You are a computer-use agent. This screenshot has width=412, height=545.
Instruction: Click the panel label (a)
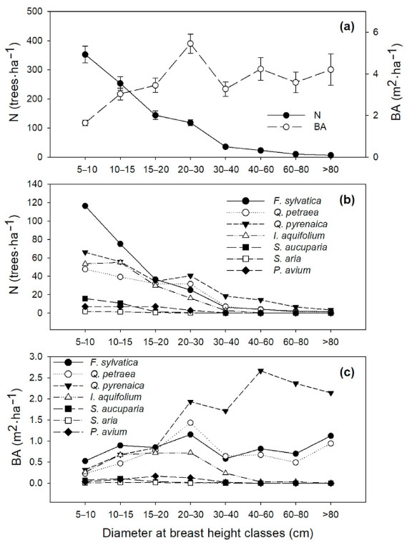[x=347, y=26]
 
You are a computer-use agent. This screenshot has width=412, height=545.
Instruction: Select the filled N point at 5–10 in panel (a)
[x=85, y=54]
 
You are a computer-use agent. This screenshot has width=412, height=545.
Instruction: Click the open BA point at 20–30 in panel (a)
[x=190, y=44]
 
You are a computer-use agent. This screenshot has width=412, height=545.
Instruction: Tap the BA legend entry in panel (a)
[x=296, y=127]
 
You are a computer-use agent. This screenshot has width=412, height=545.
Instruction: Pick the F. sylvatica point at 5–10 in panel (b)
[x=85, y=206]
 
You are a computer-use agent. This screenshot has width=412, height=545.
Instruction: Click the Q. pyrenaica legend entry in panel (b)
[x=277, y=224]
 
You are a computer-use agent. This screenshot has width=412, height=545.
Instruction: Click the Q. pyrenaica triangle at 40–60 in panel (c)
[x=260, y=371]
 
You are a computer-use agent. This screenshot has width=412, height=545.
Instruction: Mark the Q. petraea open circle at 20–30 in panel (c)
[x=190, y=423]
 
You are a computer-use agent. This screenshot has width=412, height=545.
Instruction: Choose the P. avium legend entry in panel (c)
[x=90, y=432]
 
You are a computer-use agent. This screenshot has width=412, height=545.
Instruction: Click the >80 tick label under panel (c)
[x=330, y=514]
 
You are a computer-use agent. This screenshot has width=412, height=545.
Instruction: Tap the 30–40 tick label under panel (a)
[x=225, y=169]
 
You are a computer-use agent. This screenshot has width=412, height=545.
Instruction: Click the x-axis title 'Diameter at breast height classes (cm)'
[x=207, y=533]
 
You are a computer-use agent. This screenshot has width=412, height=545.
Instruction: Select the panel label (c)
[x=347, y=372]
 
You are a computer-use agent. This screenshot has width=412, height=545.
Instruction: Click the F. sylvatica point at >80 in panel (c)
[x=330, y=436]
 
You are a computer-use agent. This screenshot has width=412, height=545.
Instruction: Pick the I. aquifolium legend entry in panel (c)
[x=97, y=397]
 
